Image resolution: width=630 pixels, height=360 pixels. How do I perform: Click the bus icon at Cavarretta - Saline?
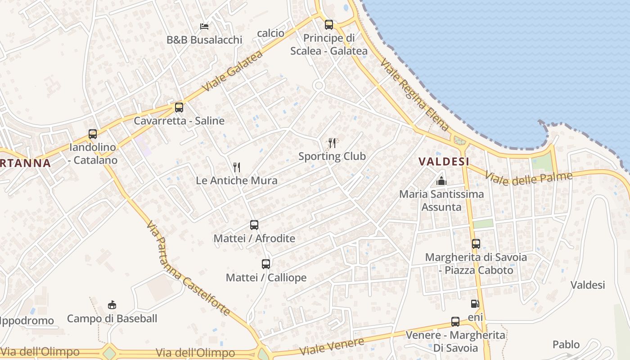click(179, 108)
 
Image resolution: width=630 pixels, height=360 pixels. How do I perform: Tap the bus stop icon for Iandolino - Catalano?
click(93, 134)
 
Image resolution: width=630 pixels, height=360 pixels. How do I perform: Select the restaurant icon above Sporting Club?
click(332, 143)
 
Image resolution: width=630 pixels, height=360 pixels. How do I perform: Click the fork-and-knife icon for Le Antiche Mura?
click(237, 167)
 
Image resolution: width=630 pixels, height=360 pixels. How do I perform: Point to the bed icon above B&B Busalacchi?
click(204, 27)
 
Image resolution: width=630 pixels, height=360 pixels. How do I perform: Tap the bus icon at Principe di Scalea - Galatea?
click(329, 25)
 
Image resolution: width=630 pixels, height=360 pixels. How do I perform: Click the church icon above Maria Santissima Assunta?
click(441, 181)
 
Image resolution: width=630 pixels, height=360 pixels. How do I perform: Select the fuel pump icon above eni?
click(475, 304)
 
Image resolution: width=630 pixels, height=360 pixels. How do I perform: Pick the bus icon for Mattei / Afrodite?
click(254, 225)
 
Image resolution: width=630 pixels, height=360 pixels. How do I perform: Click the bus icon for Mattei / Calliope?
click(266, 264)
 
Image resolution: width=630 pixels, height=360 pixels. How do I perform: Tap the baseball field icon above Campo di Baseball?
click(112, 306)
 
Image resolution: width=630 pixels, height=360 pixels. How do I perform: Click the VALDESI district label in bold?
click(444, 162)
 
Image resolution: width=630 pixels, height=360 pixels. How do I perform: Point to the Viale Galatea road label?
click(232, 71)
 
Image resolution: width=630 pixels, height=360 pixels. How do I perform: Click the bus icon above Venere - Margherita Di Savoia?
click(455, 322)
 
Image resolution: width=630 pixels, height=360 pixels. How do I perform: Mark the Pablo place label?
click(566, 345)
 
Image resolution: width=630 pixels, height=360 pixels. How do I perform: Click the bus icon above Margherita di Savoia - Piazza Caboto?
click(476, 244)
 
